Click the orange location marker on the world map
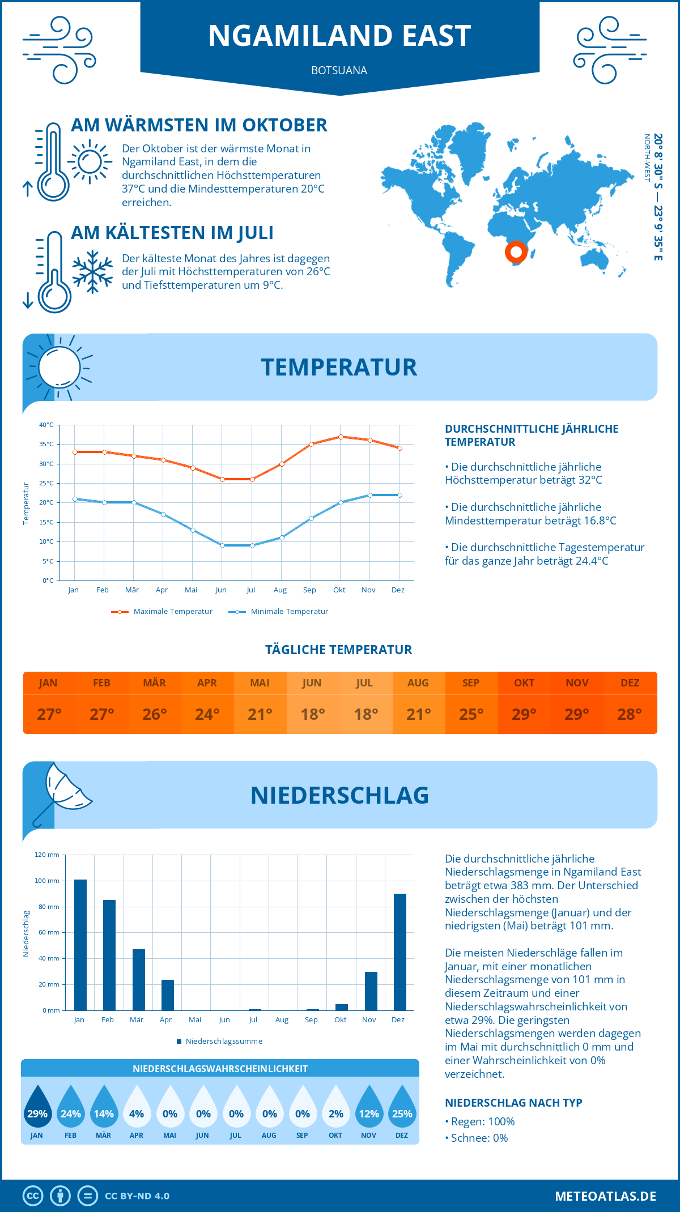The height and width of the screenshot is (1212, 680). (516, 251)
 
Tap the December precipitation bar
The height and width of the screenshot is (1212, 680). (400, 952)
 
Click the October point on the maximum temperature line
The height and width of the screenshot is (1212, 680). (341, 437)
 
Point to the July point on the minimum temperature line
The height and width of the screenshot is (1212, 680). (252, 545)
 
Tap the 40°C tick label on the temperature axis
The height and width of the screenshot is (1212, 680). (46, 425)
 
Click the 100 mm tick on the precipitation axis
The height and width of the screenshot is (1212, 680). (47, 881)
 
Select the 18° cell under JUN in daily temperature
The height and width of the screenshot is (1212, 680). (312, 714)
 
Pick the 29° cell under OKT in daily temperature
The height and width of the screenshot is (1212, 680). (524, 714)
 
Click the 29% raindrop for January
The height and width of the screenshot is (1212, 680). (37, 1107)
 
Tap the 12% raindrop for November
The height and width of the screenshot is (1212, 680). (369, 1107)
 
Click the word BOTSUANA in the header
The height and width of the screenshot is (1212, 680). (339, 70)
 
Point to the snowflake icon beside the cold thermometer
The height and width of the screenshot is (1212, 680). (92, 272)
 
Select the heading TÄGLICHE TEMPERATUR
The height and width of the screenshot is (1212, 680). (339, 650)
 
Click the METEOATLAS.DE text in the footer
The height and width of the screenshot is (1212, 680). (605, 1196)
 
